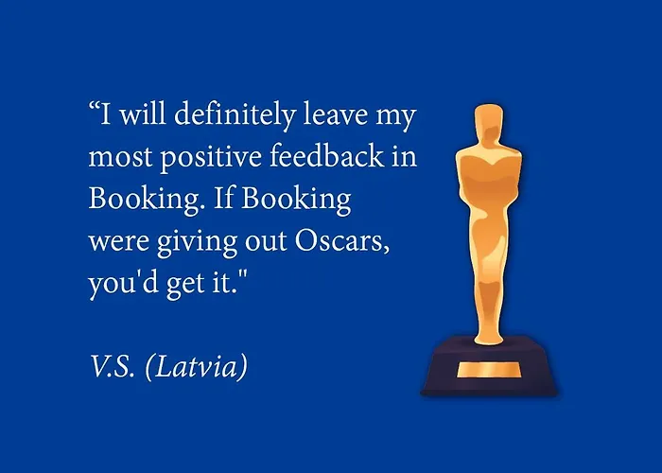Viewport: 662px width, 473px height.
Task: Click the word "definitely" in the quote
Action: click(x=235, y=114)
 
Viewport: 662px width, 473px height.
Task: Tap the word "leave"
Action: click(x=335, y=114)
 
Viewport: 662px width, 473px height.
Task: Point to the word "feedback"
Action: click(x=327, y=155)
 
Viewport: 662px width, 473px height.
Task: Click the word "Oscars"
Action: click(x=342, y=240)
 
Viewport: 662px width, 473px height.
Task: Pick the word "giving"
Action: click(x=197, y=242)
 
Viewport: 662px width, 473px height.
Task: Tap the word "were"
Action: click(x=118, y=242)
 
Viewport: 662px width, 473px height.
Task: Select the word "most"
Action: click(x=120, y=157)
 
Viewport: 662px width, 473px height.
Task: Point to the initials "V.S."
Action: click(x=113, y=366)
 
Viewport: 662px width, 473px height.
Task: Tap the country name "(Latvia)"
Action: click(x=197, y=367)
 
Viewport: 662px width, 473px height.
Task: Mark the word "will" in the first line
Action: click(x=143, y=114)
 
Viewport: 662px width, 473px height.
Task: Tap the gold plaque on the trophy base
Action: click(x=489, y=370)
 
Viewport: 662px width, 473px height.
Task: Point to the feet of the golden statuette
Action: click(x=489, y=337)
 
